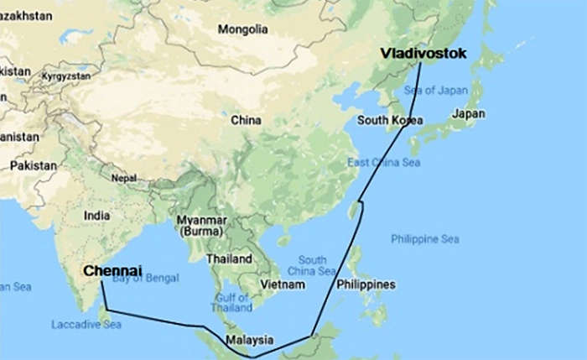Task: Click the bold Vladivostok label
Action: (423, 53)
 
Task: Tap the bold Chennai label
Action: (112, 270)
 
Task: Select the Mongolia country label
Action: (242, 29)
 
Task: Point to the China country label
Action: (246, 120)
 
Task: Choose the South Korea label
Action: (389, 120)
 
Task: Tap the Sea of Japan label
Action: (435, 90)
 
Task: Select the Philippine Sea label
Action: (424, 239)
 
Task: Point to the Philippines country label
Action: (366, 284)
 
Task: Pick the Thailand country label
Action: (228, 258)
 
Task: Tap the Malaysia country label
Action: (249, 340)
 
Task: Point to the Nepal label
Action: (123, 178)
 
